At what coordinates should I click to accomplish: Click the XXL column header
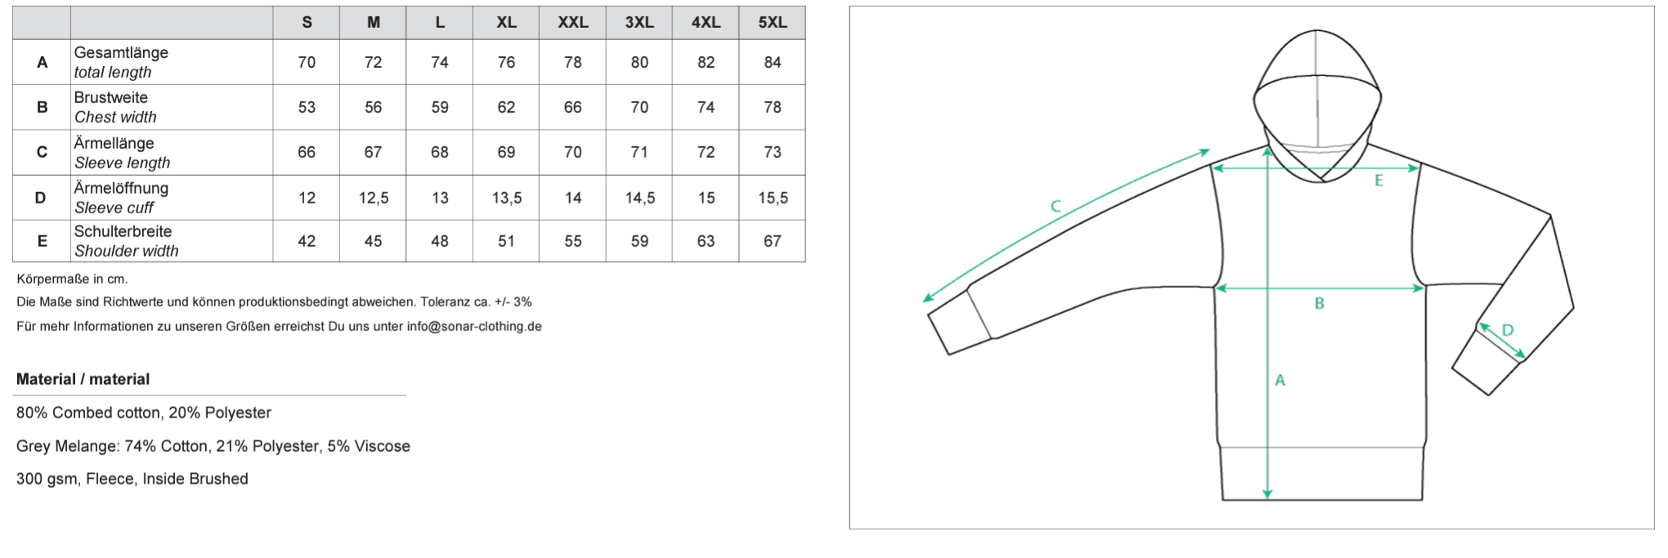[x=572, y=23]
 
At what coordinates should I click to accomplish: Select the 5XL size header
[x=773, y=23]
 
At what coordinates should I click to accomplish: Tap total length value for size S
[x=307, y=62]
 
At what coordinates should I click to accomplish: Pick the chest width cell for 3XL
[x=639, y=107]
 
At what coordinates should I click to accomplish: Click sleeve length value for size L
[x=440, y=152]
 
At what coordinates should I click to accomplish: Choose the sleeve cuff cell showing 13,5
[x=507, y=198]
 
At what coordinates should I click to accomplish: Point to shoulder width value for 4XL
[x=706, y=241]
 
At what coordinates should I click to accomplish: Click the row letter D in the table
[x=41, y=198]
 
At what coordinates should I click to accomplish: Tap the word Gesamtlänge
[x=121, y=52]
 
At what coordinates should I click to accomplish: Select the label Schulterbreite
[x=123, y=231]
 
